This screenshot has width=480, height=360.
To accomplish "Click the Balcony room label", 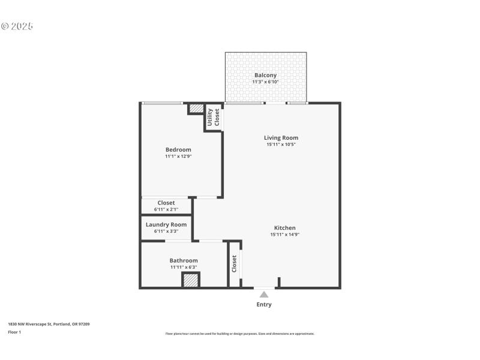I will tap(266, 75).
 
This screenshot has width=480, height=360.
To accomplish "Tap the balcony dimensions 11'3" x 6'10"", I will tap(266, 82).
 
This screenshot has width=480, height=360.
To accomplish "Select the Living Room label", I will tap(281, 137).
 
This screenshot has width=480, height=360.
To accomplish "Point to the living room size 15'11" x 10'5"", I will tap(281, 144).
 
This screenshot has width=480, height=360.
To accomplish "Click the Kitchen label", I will tap(284, 227).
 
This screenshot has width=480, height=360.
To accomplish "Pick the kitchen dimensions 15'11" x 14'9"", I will tap(284, 235).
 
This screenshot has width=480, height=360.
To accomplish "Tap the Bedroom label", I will tap(178, 149).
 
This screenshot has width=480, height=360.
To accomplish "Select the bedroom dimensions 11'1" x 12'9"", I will tap(178, 156).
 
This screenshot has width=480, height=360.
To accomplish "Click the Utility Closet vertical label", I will tap(213, 118).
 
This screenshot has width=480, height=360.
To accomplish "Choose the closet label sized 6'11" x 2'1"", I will tap(166, 203).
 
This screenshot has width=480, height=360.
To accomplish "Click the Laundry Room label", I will tap(166, 224).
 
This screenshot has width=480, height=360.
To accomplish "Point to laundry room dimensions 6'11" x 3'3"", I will tap(166, 231).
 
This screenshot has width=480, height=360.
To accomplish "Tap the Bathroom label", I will tap(183, 260).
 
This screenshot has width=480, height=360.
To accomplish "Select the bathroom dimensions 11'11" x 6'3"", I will tap(183, 267).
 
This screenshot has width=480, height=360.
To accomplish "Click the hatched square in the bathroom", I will tap(191, 280).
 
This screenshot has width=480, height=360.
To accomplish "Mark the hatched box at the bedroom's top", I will tap(196, 109).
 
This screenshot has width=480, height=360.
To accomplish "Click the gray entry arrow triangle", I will tap(264, 294).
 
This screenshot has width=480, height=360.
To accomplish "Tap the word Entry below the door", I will tap(264, 304).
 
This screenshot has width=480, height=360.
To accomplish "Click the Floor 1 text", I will tap(14, 332).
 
